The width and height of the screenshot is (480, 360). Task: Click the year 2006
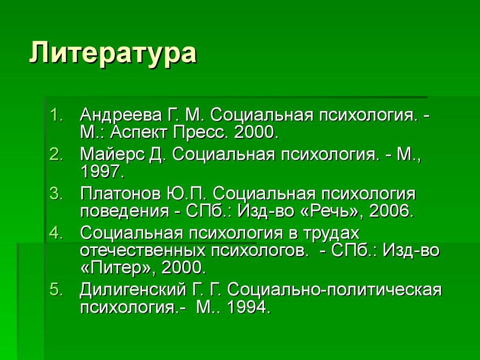click(x=391, y=211)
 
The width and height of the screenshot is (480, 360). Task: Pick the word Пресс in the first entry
click(x=201, y=133)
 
